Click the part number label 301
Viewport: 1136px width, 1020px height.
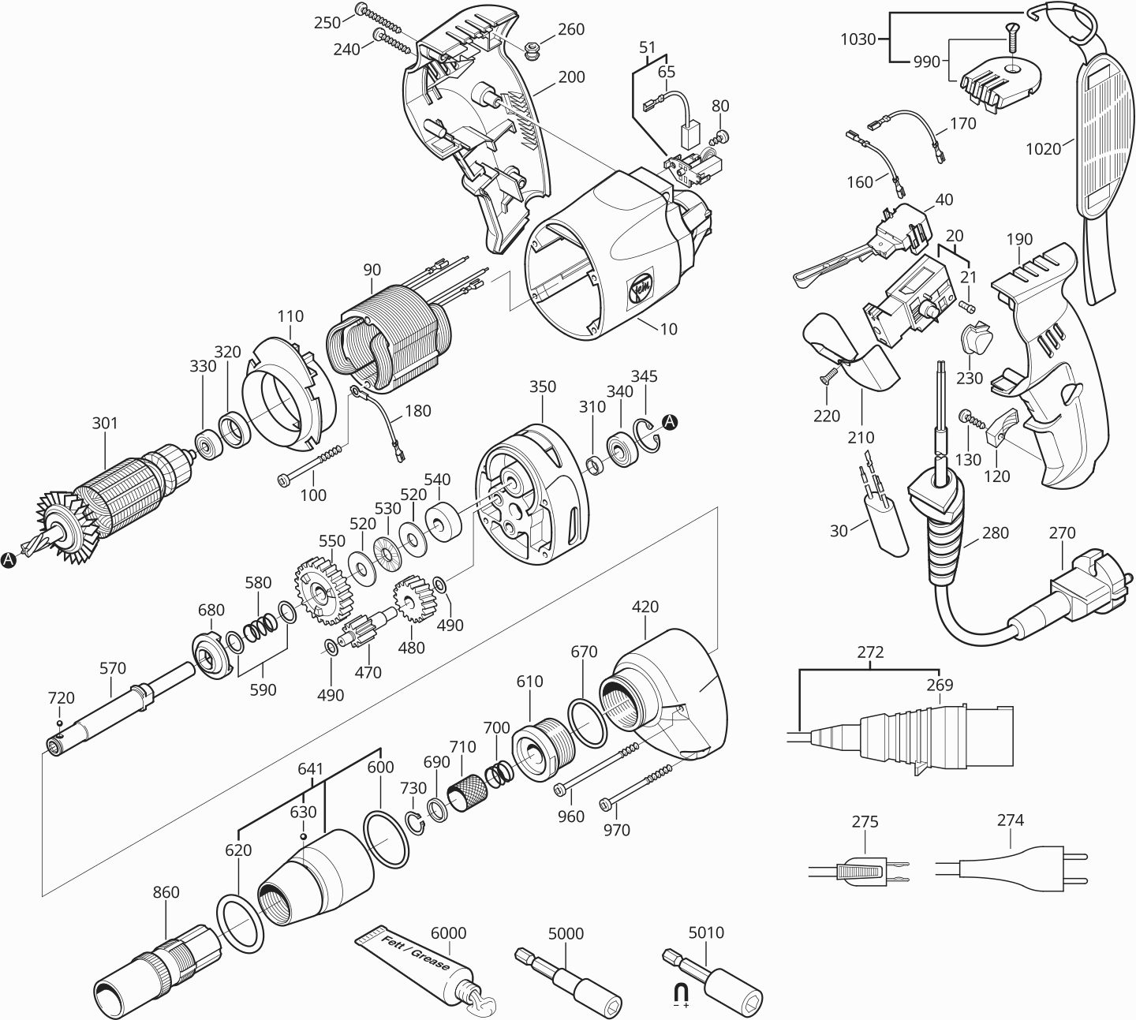tap(105, 424)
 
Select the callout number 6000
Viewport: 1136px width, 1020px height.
tap(448, 933)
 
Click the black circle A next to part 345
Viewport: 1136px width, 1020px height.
tap(669, 422)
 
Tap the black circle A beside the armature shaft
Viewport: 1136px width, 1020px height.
tap(9, 559)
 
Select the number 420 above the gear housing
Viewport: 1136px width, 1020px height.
tap(645, 607)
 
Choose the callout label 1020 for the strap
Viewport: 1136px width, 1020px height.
tap(1043, 149)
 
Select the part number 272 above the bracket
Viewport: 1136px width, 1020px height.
tap(870, 653)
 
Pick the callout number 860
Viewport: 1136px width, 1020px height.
tap(166, 893)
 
